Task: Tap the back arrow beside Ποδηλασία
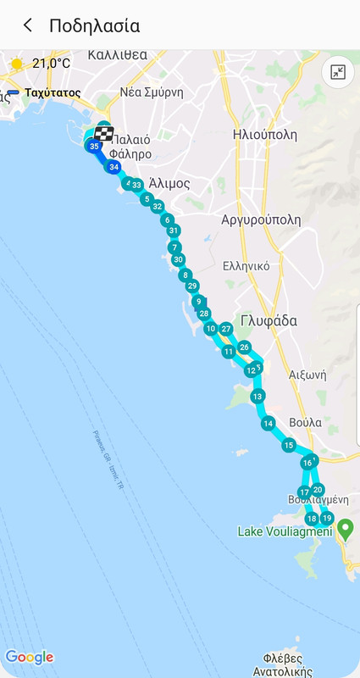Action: [x=28, y=25]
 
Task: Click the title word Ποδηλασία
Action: [x=94, y=25]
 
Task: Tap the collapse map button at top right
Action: [x=337, y=72]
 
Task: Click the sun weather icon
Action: [x=16, y=64]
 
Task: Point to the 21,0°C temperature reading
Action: [x=52, y=64]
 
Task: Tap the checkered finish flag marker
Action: [x=104, y=134]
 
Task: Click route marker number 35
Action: [x=94, y=146]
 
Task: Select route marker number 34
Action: [x=114, y=167]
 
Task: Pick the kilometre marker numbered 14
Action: [x=268, y=423]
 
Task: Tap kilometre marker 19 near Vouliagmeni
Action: [x=327, y=518]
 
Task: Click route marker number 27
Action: [x=226, y=329]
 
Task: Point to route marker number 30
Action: [x=178, y=259]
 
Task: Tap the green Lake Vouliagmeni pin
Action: [x=345, y=531]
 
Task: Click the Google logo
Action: [x=29, y=657]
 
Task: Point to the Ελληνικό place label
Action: [x=246, y=265]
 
